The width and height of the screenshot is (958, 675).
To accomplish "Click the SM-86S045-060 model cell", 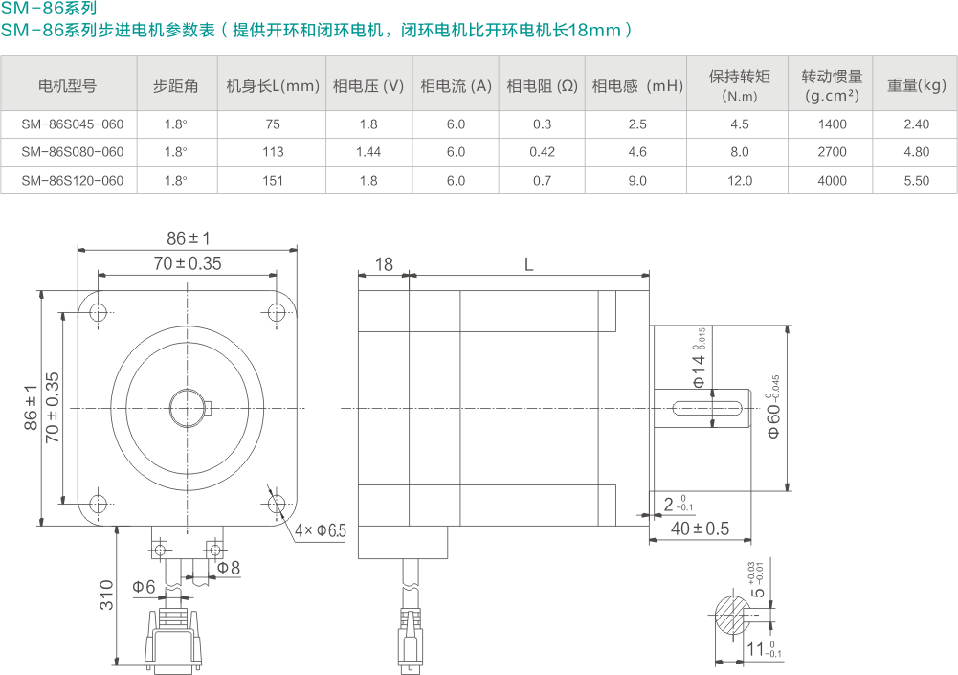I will [73, 124].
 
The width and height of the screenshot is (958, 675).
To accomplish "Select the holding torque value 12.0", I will [740, 181].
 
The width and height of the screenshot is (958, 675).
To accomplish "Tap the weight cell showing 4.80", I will [916, 152].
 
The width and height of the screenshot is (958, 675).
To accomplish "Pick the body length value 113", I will [273, 152].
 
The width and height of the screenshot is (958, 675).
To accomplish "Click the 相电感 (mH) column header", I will [637, 85].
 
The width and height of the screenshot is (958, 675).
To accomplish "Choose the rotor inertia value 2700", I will [832, 152].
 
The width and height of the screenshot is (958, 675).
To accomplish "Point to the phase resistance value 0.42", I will [542, 152].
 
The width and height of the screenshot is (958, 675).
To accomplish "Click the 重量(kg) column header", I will [916, 85].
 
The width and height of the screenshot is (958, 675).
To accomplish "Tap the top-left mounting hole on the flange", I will [98, 312].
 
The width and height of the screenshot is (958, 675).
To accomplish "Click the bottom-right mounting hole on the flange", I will [278, 503].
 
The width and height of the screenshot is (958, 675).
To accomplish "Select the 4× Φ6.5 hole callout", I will [321, 530].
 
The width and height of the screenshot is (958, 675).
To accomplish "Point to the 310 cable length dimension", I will [107, 595].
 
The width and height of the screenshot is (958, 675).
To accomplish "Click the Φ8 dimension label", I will [229, 568].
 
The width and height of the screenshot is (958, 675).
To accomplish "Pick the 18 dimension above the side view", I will [383, 265].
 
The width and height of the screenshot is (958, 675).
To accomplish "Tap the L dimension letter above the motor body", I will [529, 265].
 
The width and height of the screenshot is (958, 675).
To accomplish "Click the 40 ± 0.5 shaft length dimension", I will [700, 529].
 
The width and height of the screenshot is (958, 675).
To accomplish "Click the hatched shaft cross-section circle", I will [734, 614].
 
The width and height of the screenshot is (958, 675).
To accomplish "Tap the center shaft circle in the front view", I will [187, 408].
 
